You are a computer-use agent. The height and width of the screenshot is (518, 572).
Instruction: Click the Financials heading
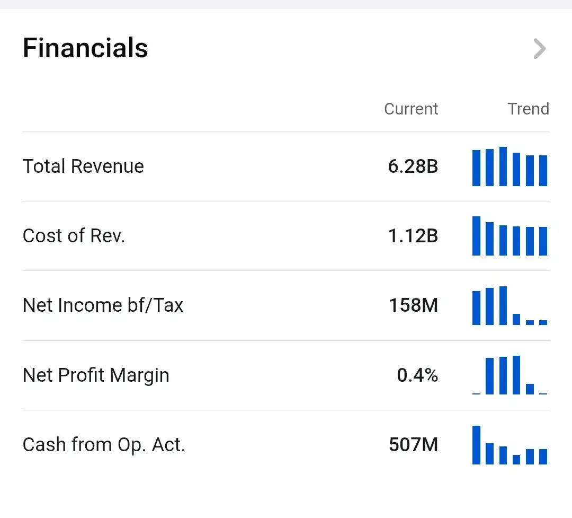pyautogui.click(x=85, y=48)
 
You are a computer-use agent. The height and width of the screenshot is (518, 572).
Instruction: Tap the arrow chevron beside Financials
pyautogui.click(x=540, y=49)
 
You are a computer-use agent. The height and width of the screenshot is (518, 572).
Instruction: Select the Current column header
pyautogui.click(x=411, y=109)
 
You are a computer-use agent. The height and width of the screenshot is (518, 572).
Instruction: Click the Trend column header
pyautogui.click(x=528, y=109)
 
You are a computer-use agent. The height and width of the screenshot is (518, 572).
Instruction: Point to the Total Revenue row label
pyautogui.click(x=83, y=166)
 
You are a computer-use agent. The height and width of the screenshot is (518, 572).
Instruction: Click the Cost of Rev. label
pyautogui.click(x=74, y=235)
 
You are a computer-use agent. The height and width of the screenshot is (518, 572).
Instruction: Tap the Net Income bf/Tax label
pyautogui.click(x=103, y=305)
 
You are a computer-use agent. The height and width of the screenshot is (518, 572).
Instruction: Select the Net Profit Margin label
pyautogui.click(x=96, y=375)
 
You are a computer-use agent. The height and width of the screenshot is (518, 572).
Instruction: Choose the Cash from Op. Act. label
pyautogui.click(x=104, y=445)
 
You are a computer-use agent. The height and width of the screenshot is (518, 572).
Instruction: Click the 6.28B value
pyautogui.click(x=413, y=166)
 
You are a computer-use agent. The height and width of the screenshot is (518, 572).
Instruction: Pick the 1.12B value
pyautogui.click(x=413, y=236)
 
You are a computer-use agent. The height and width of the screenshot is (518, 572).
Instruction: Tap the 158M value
pyautogui.click(x=413, y=305)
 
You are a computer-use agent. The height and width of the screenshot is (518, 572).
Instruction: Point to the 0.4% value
pyautogui.click(x=417, y=375)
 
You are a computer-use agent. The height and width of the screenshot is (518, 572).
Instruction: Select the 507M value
pyautogui.click(x=413, y=445)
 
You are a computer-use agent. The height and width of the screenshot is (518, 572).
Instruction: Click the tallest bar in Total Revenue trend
pyautogui.click(x=503, y=166)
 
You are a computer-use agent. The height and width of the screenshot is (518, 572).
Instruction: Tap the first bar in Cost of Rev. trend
pyautogui.click(x=477, y=236)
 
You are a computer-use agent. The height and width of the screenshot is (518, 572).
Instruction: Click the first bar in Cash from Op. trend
pyautogui.click(x=477, y=445)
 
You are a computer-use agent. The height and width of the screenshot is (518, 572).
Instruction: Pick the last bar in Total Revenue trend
pyautogui.click(x=543, y=171)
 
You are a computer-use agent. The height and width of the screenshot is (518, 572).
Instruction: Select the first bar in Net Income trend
pyautogui.click(x=477, y=308)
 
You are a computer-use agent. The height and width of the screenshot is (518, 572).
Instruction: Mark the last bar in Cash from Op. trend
pyautogui.click(x=543, y=456)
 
